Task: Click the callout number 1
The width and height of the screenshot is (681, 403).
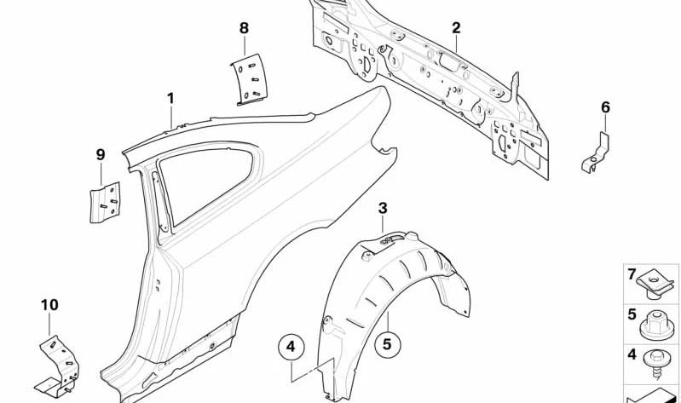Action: click(170, 99)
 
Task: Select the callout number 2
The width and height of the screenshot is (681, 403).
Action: click(456, 28)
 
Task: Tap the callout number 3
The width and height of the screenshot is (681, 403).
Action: click(383, 209)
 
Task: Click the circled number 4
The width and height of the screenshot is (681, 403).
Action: click(291, 347)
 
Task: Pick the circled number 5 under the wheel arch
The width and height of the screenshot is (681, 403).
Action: click(387, 344)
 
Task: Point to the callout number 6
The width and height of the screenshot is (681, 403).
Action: click(605, 107)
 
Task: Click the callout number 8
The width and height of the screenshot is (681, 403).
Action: click(244, 28)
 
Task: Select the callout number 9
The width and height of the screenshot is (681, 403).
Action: click(101, 154)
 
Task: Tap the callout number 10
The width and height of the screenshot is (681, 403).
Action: click(49, 305)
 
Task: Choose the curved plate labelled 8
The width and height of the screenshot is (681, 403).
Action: click(249, 80)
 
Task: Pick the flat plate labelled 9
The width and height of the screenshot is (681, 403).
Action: click(105, 203)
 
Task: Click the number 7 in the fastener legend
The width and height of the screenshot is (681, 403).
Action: click(632, 274)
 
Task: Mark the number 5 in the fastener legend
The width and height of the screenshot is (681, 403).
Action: click(632, 314)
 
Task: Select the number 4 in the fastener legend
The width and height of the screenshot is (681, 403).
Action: click(632, 354)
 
